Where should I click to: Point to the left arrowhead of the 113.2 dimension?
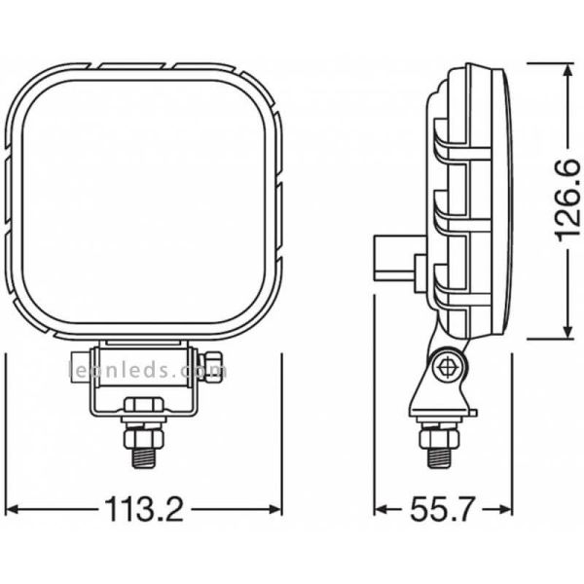14,509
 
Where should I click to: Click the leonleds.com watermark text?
146,371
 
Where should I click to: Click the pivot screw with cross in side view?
449,368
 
